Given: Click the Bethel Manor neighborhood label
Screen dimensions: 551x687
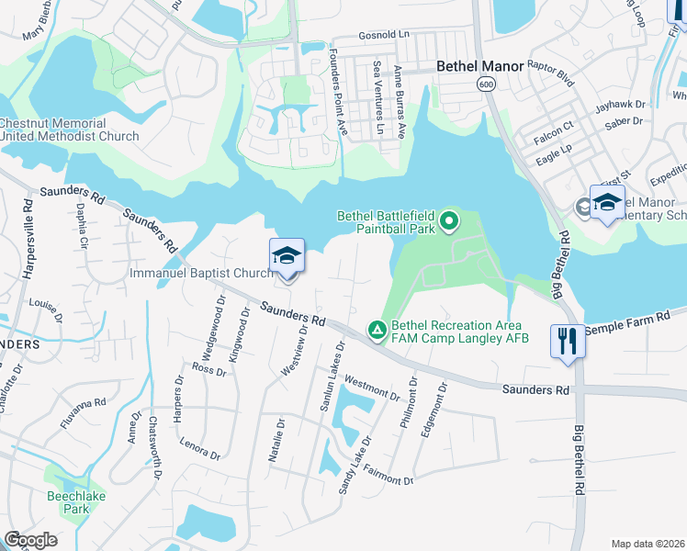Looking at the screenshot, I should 479,66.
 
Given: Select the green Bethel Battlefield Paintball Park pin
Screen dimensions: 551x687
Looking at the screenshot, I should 449,220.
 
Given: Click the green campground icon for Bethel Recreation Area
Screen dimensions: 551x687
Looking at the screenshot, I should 377,329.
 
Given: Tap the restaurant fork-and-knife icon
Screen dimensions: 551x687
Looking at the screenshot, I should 566,342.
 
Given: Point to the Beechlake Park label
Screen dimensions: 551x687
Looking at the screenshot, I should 68,501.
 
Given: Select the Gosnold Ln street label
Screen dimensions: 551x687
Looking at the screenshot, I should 384,34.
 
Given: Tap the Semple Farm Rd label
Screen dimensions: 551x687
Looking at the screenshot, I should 635,322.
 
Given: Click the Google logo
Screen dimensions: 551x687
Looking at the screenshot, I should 30,539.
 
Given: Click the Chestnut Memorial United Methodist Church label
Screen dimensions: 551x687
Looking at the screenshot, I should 70,129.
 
